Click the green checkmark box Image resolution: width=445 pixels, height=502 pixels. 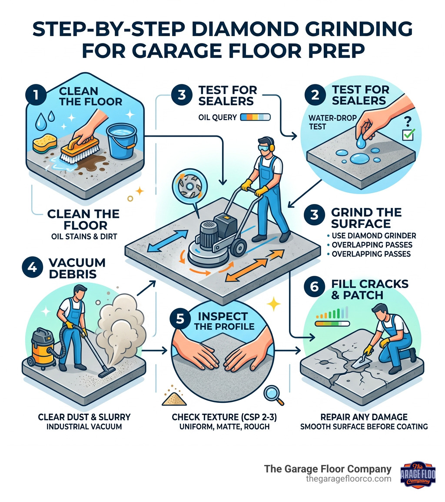(x=408, y=135)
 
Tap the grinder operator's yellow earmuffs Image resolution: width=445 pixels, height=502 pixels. (x=275, y=148)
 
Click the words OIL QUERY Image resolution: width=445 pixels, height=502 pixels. (x=217, y=117)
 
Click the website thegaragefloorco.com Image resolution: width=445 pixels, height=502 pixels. (x=349, y=479)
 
